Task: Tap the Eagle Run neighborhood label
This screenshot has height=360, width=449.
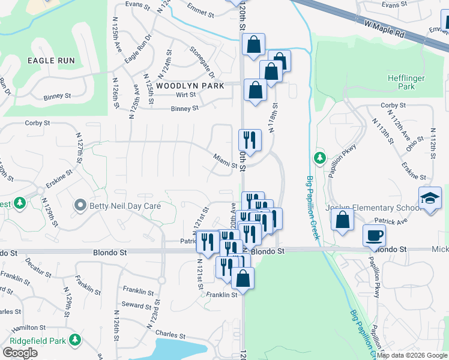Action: [51, 61]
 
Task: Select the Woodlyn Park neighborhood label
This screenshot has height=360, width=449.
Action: [190, 86]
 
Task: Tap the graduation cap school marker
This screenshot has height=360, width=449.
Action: [430, 199]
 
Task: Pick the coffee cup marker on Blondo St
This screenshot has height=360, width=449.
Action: [375, 236]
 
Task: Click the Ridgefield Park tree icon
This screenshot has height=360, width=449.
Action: [75, 340]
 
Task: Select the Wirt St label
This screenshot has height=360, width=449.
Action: [185, 95]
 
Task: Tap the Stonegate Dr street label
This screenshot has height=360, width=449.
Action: [202, 62]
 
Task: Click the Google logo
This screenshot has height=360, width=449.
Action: [20, 353]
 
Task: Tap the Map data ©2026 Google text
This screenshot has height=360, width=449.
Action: [412, 355]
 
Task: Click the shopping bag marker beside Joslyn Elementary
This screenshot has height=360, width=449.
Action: [342, 220]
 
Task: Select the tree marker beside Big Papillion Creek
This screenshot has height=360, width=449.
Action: [320, 158]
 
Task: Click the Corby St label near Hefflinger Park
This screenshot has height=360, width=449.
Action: [394, 106]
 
